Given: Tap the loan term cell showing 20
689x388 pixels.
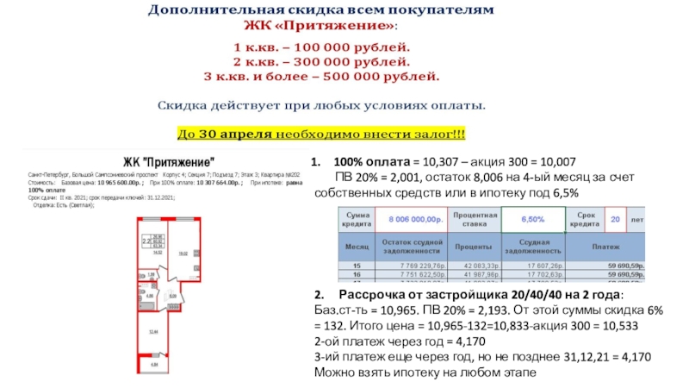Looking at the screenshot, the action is click(x=615, y=220).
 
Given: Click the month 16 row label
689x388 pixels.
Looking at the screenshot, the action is click(x=356, y=274).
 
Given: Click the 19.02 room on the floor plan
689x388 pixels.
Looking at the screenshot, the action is click(x=183, y=255).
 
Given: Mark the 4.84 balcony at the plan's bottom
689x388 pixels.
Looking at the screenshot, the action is click(x=156, y=365).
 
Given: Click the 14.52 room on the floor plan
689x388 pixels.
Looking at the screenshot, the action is click(x=158, y=253).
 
